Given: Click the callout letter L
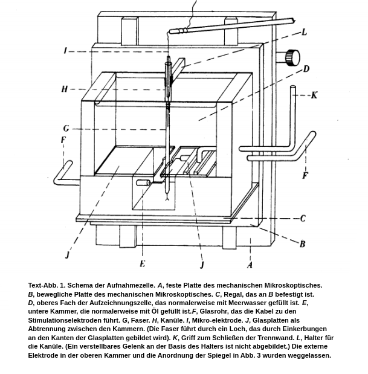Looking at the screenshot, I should pyautogui.click(x=304, y=32).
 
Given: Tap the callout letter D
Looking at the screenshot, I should pyautogui.click(x=306, y=69).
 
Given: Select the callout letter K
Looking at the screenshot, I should pyautogui.click(x=314, y=95).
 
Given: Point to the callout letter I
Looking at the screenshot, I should pyautogui.click(x=65, y=51).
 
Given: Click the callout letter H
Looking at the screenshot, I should pyautogui.click(x=65, y=89).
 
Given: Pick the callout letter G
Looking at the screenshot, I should pyautogui.click(x=66, y=128).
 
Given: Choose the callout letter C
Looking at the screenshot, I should pyautogui.click(x=303, y=218).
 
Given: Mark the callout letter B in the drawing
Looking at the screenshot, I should pyautogui.click(x=302, y=243).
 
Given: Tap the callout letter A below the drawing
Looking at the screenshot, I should pyautogui.click(x=250, y=264).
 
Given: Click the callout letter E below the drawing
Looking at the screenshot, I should pyautogui.click(x=143, y=263).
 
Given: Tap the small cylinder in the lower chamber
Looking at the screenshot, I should pyautogui.click(x=143, y=182).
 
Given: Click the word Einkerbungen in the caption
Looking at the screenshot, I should pyautogui.click(x=304, y=329).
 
